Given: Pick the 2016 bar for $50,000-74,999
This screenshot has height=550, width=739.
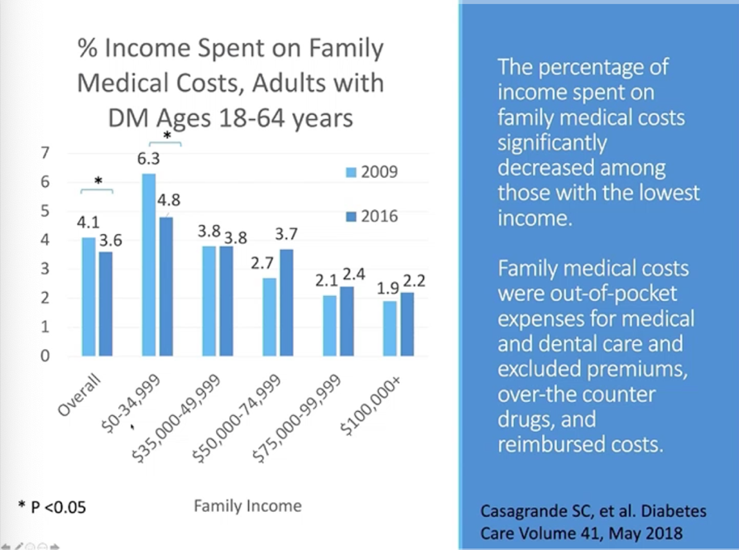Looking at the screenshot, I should coord(285,302).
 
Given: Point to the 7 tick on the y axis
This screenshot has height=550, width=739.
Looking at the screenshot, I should coord(46,153).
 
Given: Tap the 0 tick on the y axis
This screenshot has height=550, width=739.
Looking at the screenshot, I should coord(46,356).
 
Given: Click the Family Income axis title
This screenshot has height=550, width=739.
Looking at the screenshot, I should coord(247,505).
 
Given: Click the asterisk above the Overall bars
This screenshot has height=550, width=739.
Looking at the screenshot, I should coord(98,181).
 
